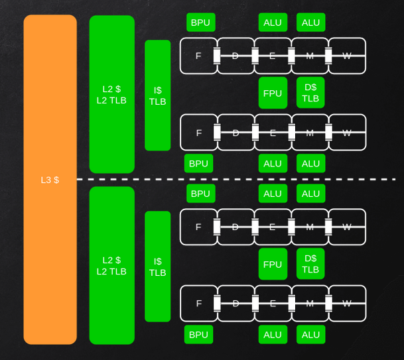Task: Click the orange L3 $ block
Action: coord(50,180)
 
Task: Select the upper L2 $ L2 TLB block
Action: coord(111,94)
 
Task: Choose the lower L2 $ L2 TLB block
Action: coord(111,265)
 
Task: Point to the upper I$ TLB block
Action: coord(157,95)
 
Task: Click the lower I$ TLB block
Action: coord(157,267)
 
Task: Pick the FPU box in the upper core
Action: coord(273,93)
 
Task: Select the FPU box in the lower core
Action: coord(273,265)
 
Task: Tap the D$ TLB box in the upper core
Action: coord(310,93)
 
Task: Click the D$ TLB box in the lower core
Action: coord(310,265)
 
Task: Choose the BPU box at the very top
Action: coord(200,23)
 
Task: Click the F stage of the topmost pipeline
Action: coord(198,56)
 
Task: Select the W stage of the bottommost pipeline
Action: coord(347,304)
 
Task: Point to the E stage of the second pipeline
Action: coord(273,133)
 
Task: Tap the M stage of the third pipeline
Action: coord(310,227)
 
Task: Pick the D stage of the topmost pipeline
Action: coord(235,56)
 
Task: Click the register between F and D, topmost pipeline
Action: coord(216,56)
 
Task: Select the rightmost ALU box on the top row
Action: coord(310,23)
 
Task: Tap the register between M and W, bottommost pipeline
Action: coord(328,304)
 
